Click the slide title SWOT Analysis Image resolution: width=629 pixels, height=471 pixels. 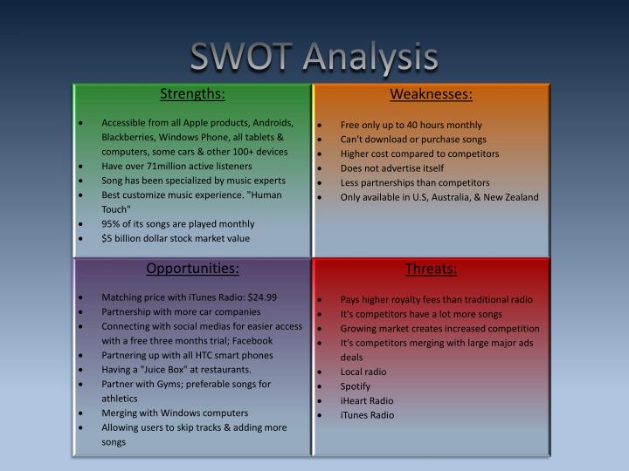pos(314,58)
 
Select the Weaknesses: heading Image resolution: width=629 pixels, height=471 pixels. pos(432,94)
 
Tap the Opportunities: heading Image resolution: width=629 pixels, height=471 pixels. pos(192,269)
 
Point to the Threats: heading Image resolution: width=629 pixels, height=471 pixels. pos(431,269)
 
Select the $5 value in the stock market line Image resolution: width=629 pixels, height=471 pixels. pos(107,238)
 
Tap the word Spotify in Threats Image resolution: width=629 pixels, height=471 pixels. pos(356,386)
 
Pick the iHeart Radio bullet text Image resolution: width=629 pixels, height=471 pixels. pos(367,400)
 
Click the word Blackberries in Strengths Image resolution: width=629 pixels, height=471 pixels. pos(129,137)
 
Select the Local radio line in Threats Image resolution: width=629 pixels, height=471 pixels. pos(363,372)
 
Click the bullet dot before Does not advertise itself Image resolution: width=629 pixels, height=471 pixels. pos(321,168)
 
